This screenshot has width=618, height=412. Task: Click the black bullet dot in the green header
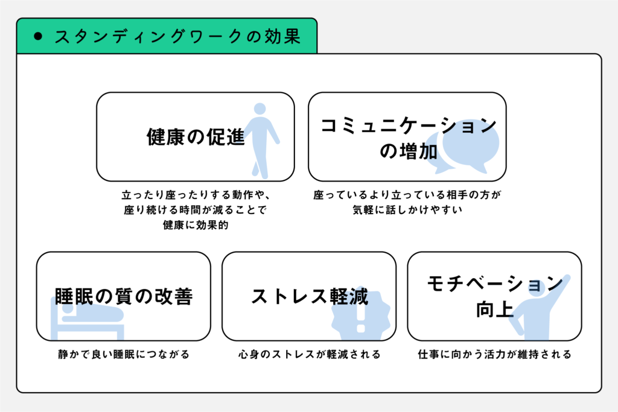pyautogui.click(x=38, y=37)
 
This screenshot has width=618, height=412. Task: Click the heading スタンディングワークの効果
pyautogui.click(x=178, y=37)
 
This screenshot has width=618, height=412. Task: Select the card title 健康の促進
pyautogui.click(x=196, y=137)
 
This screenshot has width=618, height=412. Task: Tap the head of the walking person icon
pyautogui.click(x=260, y=109)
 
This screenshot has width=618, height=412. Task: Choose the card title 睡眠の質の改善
pyautogui.click(x=124, y=296)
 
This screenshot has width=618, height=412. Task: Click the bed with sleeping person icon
pyautogui.click(x=88, y=319)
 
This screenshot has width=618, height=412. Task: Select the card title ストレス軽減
pyautogui.click(x=310, y=296)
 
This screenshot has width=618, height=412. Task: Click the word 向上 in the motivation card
pyautogui.click(x=495, y=309)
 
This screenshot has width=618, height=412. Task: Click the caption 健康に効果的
pyautogui.click(x=196, y=225)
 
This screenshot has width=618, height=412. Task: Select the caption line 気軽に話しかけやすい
pyautogui.click(x=407, y=209)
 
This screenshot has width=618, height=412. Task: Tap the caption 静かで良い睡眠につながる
pyautogui.click(x=124, y=354)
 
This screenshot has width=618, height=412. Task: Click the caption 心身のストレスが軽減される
pyautogui.click(x=310, y=354)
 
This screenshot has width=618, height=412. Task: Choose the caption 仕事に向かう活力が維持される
pyautogui.click(x=495, y=354)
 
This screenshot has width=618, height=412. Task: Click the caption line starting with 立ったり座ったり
pyautogui.click(x=196, y=195)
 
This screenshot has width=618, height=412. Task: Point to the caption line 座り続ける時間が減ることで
pyautogui.click(x=196, y=209)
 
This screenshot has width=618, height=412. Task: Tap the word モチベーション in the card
pyautogui.click(x=495, y=284)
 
